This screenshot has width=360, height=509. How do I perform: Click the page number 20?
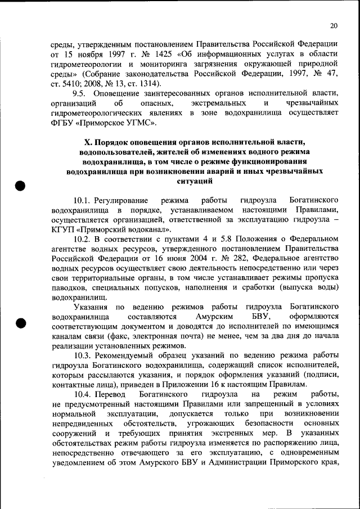(334, 25)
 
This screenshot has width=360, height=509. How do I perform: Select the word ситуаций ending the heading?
(194, 181)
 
